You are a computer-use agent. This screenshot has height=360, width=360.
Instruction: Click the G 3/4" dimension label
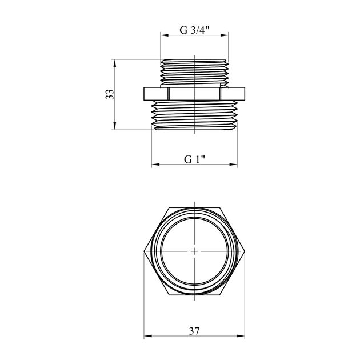pyautogui.click(x=194, y=30)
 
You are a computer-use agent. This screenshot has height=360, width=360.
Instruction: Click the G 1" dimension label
pyautogui.click(x=194, y=159)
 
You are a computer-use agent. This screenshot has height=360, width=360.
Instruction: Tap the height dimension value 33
pyautogui.click(x=110, y=94)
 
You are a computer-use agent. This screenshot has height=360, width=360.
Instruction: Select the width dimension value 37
pyautogui.click(x=194, y=331)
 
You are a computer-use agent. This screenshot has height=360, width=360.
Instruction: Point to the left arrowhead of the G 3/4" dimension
pyautogui.click(x=165, y=35)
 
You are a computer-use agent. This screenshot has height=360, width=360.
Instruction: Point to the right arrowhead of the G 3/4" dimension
pyautogui.click(x=225, y=35)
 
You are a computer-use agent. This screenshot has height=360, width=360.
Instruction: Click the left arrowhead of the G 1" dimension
pyautogui.click(x=155, y=165)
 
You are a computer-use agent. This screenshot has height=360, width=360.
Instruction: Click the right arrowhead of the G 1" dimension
pyautogui.click(x=233, y=165)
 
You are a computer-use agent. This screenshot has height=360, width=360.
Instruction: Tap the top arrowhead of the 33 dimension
pyautogui.click(x=114, y=63)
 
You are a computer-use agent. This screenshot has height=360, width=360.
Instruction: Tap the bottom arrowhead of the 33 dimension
pyautogui.click(x=114, y=126)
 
